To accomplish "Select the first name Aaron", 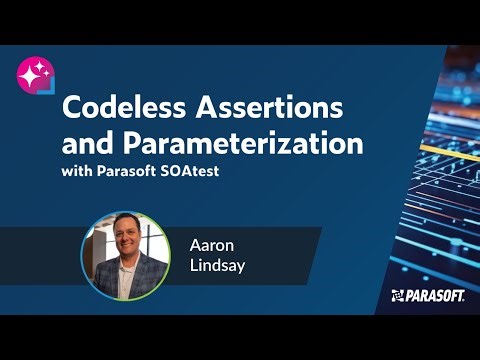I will tap(212, 242).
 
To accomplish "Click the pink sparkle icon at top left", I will tap(37, 72).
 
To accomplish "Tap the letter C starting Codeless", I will tap(73, 107).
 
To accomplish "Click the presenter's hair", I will tap(124, 221).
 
